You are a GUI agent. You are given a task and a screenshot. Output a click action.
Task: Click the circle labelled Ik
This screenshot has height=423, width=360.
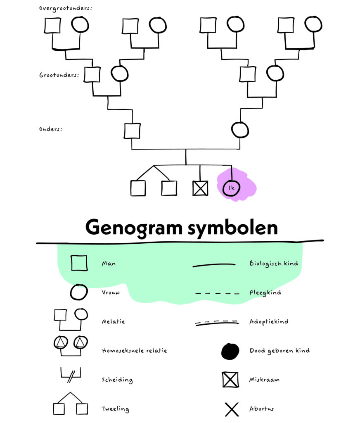pyautogui.click(x=231, y=188)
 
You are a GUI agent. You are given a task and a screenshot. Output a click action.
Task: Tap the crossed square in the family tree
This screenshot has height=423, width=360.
pyautogui.click(x=200, y=188)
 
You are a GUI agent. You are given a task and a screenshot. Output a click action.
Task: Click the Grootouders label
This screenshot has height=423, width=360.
pyautogui.click(x=59, y=76)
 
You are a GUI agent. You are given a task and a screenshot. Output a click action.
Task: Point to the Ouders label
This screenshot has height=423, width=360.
pyautogui.click(x=51, y=129)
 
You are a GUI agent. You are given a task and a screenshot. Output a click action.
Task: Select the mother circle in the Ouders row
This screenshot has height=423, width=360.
pyautogui.click(x=240, y=130)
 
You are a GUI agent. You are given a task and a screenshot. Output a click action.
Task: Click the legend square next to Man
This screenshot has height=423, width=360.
pyautogui.click(x=79, y=263)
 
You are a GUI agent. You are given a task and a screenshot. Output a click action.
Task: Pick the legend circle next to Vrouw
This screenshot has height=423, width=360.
pyautogui.click(x=79, y=292)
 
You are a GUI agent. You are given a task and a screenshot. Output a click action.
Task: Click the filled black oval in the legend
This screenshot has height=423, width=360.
pyautogui.click(x=230, y=351)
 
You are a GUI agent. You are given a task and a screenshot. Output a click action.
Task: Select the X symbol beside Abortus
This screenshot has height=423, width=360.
pyautogui.click(x=232, y=409)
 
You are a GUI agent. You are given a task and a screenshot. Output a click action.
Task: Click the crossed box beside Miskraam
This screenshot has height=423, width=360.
pyautogui.click(x=230, y=380)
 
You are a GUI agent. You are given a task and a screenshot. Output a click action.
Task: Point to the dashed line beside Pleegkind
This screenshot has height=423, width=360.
pyautogui.click(x=217, y=293)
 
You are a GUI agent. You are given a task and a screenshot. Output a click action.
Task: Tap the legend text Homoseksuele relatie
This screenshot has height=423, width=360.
pyautogui.click(x=134, y=351)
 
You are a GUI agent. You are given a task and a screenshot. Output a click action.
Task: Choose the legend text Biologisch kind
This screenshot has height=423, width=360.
pyautogui.click(x=273, y=263)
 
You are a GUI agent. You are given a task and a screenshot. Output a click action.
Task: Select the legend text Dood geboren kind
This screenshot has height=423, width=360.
pyautogui.click(x=279, y=351)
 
